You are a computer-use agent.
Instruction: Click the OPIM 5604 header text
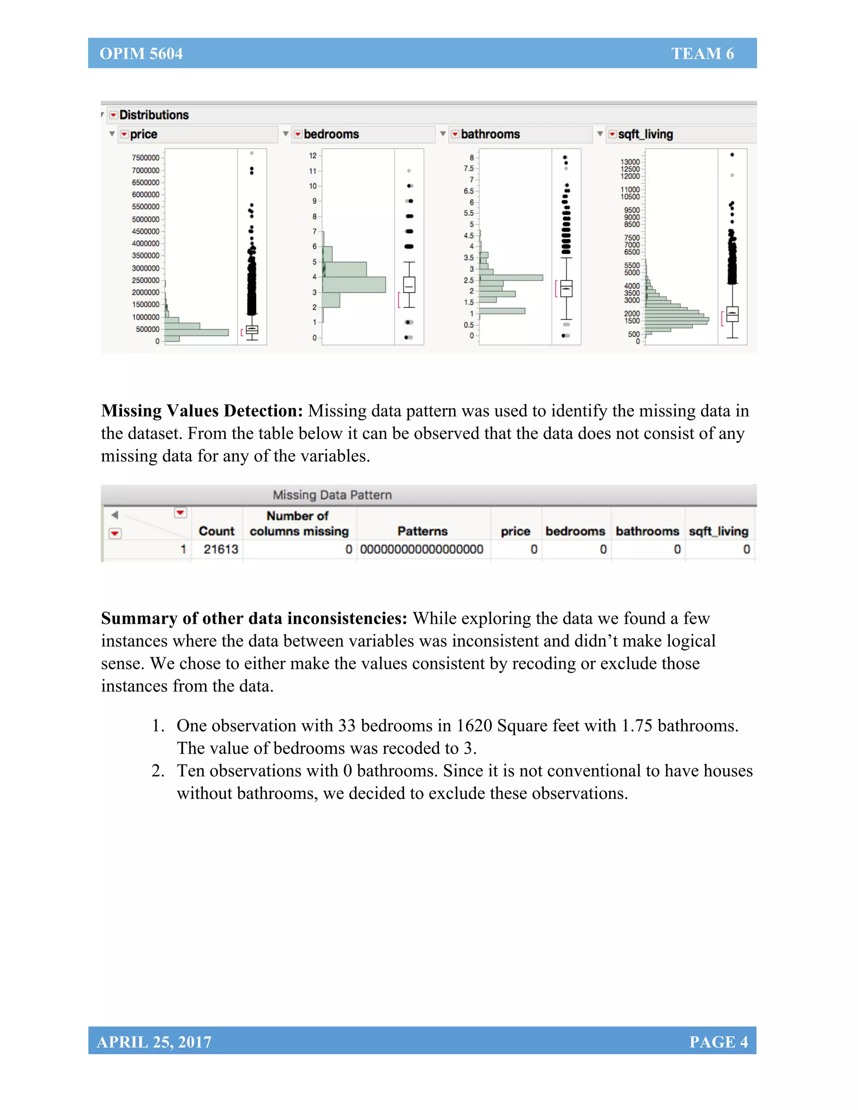point(141,53)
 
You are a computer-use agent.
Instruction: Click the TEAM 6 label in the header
point(702,53)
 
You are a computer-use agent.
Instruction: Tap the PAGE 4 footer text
point(718,1041)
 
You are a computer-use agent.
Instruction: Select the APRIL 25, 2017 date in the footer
point(154,1041)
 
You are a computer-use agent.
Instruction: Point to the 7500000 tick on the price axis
point(145,157)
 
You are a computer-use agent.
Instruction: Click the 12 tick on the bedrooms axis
point(313,155)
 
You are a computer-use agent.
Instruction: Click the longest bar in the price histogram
point(197,333)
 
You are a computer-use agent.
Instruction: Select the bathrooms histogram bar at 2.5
point(511,277)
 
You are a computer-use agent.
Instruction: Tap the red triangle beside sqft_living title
point(612,134)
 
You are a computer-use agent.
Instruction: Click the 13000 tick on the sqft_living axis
point(630,162)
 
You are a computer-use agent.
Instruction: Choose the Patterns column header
point(422,531)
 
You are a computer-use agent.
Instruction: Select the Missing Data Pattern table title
point(332,495)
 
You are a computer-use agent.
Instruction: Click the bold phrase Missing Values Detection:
point(202,410)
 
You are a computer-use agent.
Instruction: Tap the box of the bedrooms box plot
point(409,284)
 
